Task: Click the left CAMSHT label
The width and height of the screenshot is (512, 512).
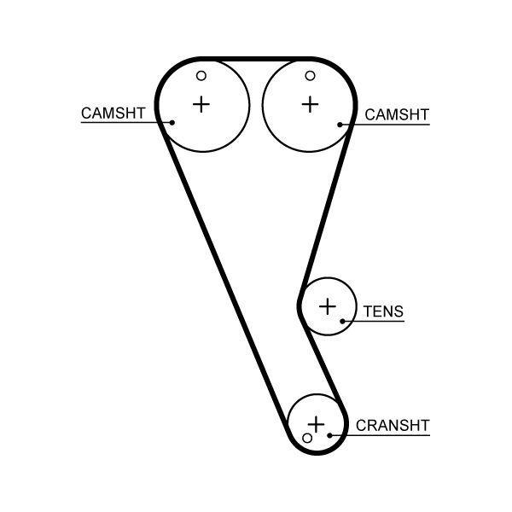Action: (x=113, y=113)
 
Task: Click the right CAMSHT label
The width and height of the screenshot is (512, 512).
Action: (x=397, y=115)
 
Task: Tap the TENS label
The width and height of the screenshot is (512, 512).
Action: (x=383, y=312)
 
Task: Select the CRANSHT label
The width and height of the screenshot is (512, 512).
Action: (x=393, y=425)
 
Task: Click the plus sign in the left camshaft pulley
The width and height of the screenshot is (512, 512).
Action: (x=201, y=104)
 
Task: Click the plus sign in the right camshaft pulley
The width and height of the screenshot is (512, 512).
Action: (x=310, y=104)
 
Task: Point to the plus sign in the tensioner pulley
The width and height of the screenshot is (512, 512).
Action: (x=328, y=305)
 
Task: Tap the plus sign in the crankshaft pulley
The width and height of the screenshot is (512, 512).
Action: (x=317, y=423)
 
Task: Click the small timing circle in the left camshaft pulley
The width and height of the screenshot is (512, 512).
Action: (x=202, y=76)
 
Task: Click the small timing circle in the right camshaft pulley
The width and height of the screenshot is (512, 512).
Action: (x=310, y=76)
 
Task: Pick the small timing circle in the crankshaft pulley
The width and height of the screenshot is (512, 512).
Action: (x=308, y=438)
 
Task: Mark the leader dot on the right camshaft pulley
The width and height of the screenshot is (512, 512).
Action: (x=340, y=125)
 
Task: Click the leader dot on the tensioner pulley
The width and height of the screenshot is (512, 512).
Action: (x=342, y=322)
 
